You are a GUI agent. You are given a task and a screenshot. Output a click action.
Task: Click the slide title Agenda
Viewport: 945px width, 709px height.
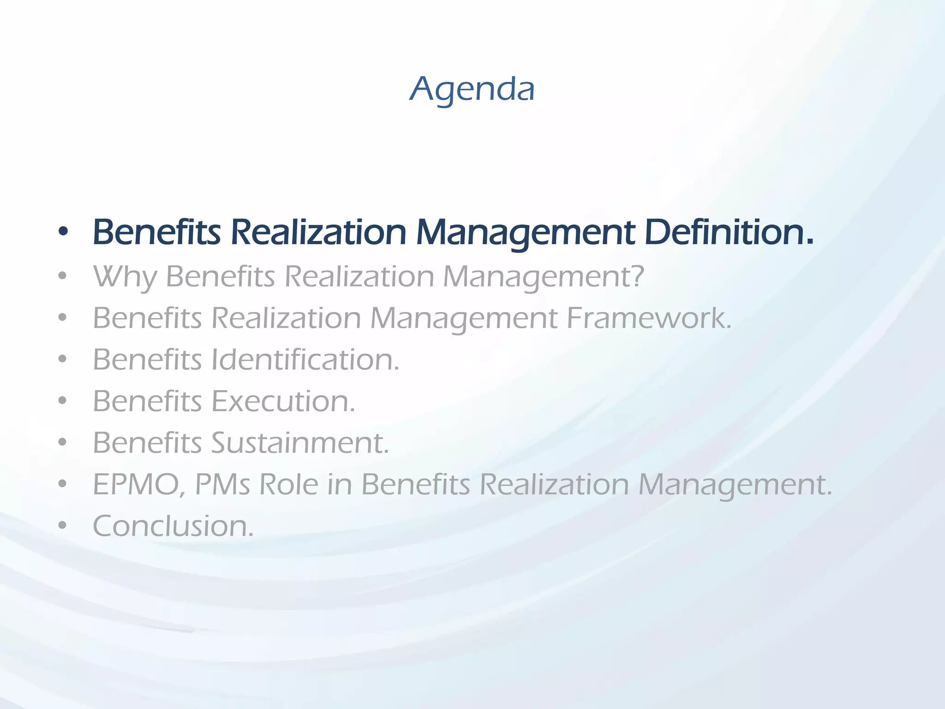tap(472, 89)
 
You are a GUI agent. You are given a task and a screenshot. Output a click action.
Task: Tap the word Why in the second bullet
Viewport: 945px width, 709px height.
tap(125, 277)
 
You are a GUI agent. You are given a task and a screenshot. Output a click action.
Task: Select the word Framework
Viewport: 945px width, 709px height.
tap(648, 318)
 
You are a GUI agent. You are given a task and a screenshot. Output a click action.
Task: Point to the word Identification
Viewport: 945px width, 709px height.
tap(305, 360)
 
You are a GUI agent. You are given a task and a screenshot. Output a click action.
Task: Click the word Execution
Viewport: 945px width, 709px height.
tap(283, 401)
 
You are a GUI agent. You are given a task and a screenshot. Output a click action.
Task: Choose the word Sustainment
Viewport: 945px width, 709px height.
tap(300, 443)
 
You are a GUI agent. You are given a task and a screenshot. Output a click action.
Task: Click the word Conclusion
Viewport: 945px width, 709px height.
tap(173, 526)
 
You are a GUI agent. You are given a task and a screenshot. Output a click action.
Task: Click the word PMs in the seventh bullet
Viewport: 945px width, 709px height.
tap(223, 485)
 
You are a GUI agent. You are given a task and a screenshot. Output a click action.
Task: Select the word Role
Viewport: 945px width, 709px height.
tap(288, 485)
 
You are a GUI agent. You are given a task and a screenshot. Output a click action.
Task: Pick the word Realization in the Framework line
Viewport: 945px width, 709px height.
tap(286, 318)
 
